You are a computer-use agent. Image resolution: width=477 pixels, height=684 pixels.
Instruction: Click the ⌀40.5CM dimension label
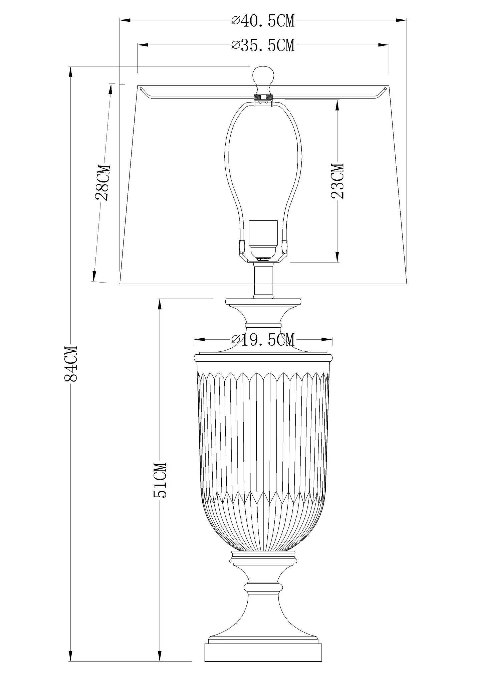[263, 21]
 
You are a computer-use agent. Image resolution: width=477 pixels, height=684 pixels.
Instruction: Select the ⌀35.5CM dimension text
[263, 45]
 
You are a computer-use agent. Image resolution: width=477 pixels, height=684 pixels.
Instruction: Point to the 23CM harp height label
[337, 181]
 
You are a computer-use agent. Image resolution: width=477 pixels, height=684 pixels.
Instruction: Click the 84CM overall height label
[70, 363]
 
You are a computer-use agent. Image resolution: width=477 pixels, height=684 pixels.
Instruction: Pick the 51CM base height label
[160, 480]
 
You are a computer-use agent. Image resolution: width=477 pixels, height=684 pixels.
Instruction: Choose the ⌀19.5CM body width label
[263, 340]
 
